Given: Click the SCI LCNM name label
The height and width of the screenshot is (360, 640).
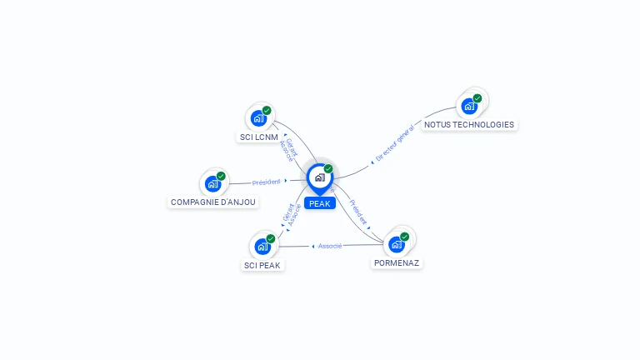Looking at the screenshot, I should (258, 137).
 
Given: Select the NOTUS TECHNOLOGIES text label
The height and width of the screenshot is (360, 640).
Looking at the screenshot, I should (469, 124).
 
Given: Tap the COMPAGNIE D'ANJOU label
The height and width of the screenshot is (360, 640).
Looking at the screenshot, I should (213, 202).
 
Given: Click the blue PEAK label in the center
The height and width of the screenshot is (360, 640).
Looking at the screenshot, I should (320, 203).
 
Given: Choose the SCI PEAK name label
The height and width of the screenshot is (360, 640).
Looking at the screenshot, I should (262, 265).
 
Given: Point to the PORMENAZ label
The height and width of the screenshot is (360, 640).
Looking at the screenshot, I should (397, 262).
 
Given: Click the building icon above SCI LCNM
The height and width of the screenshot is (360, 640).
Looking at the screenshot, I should (258, 118).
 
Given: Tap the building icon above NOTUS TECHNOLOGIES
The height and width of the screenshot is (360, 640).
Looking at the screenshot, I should (469, 106).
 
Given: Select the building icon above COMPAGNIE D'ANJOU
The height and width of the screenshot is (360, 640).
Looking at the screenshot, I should (212, 183).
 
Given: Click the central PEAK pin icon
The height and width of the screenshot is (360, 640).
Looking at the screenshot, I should (319, 177).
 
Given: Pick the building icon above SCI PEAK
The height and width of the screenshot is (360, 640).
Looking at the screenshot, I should (262, 247).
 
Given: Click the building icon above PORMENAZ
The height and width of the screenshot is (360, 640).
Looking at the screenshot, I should (397, 244).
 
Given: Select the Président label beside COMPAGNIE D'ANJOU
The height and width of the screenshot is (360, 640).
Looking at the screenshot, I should (267, 182).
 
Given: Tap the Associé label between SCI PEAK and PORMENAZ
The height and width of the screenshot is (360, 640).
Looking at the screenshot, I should (330, 246).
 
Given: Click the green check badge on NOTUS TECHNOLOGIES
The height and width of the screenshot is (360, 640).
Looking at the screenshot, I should (477, 98).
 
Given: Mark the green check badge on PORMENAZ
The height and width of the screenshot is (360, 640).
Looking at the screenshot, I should (405, 237).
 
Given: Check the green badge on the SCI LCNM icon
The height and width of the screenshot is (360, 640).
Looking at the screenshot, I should (267, 110).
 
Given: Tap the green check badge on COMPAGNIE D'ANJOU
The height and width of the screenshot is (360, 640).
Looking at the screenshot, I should (221, 176).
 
